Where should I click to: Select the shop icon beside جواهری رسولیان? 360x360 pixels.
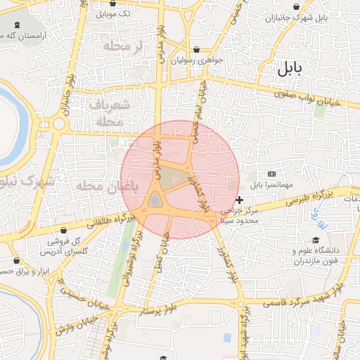pyautogui.click(x=195, y=50)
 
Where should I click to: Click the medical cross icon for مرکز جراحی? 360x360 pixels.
pyautogui.click(x=240, y=200)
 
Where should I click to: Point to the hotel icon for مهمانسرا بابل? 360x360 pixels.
pyautogui.click(x=272, y=174)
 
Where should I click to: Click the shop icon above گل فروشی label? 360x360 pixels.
pyautogui.click(x=64, y=230)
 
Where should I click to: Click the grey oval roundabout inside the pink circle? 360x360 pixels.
pyautogui.click(x=155, y=201)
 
